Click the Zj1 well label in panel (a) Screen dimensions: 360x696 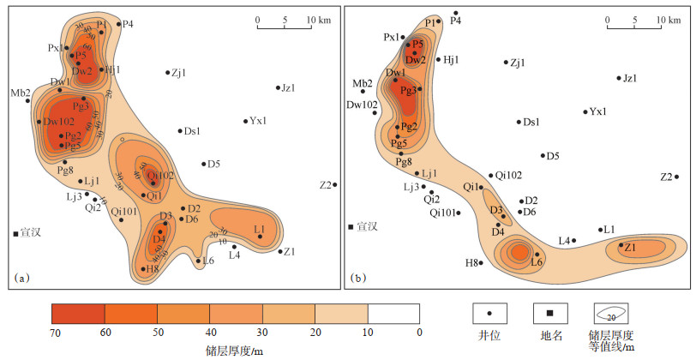178,72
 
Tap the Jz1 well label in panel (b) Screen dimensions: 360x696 629,78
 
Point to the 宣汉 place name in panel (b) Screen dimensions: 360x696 368,226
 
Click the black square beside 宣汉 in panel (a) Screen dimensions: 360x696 15,232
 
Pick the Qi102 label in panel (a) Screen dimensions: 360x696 161,175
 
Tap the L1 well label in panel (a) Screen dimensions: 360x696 259,227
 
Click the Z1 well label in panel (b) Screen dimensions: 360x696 630,247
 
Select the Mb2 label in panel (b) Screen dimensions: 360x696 363,83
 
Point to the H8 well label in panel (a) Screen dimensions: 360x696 153,269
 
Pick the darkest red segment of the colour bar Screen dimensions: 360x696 78,313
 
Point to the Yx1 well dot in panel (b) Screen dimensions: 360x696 585,111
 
